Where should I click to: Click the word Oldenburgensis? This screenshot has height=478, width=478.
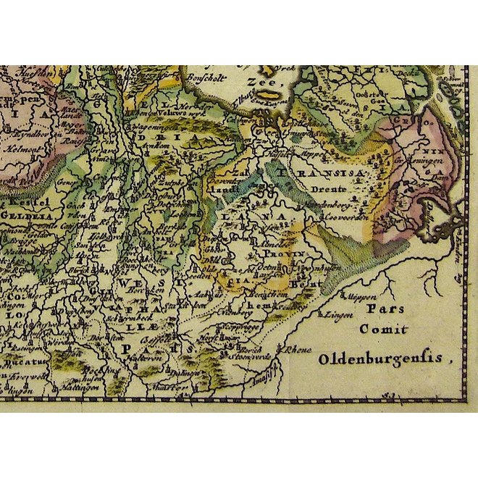pyautogui.click(x=383, y=357)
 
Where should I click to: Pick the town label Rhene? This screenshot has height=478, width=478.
pyautogui.click(x=299, y=349)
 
